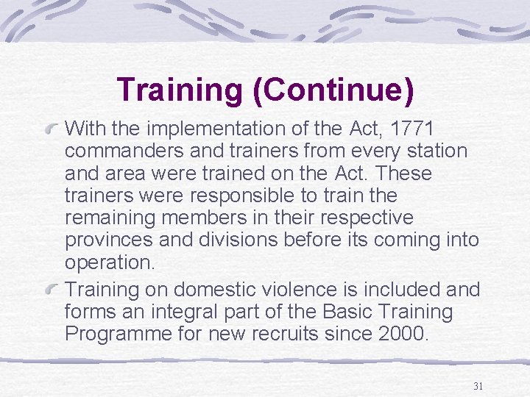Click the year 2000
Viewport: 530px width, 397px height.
(400, 334)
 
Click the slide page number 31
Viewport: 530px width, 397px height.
(478, 386)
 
